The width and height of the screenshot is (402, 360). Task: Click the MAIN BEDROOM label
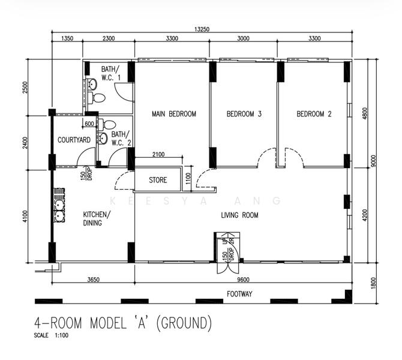coord(174,113)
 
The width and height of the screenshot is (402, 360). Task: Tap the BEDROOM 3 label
coord(244,113)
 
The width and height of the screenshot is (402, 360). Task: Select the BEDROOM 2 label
coord(314,113)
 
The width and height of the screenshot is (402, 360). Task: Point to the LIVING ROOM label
coord(239,215)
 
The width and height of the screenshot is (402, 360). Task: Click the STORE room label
coord(158,180)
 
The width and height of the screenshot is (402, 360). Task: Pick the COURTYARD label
coord(74,140)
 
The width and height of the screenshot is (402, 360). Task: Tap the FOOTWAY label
coord(239,294)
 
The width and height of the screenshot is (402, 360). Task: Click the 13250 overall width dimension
coord(202,29)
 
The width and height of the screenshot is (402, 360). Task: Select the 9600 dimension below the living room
coord(244,280)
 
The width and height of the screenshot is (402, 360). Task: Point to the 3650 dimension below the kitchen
coord(94,280)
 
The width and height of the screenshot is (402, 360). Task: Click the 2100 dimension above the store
coord(158,154)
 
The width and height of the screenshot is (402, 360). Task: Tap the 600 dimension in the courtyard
coord(89,124)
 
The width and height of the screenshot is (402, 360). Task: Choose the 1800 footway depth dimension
coord(373,283)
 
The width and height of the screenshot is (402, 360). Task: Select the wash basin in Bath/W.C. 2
coord(103,138)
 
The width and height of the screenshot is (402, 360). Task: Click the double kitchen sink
coord(59,205)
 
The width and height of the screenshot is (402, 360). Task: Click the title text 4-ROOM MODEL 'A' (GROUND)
coord(123,323)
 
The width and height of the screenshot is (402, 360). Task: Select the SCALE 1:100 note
coord(51,335)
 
